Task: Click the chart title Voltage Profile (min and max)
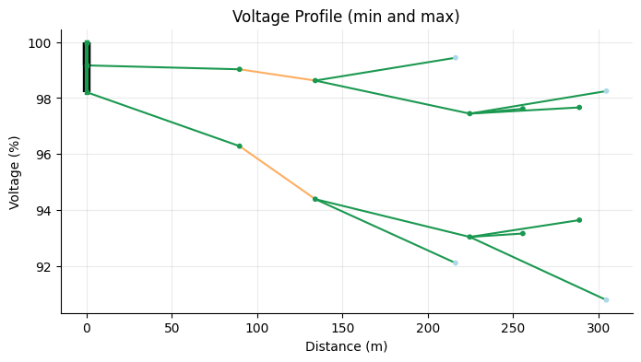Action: [346, 17]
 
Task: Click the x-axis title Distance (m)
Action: [346, 346]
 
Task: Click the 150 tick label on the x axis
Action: [343, 327]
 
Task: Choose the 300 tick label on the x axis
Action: [599, 327]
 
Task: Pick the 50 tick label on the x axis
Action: [172, 327]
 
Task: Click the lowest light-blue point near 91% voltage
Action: [606, 299]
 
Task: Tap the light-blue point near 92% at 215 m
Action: [455, 263]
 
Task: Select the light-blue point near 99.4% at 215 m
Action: [455, 58]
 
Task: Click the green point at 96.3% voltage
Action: [239, 146]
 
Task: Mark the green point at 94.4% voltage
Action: [315, 199]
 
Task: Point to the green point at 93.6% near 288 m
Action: [579, 220]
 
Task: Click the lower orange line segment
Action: [277, 172]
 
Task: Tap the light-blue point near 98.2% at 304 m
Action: [606, 91]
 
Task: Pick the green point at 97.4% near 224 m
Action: [469, 113]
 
